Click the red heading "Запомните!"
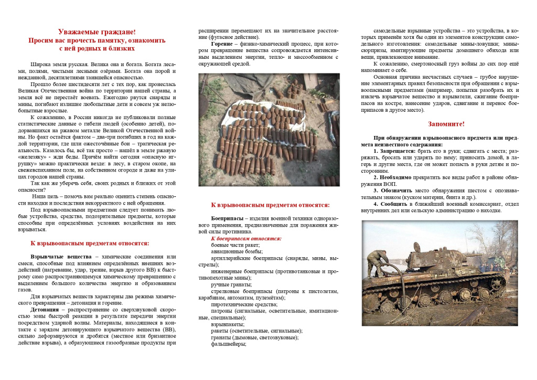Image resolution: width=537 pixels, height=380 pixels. coord(446,124)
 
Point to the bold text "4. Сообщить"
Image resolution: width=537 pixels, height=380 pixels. coord(394,203)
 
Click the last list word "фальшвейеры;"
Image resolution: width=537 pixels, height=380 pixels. coord(229,344)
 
